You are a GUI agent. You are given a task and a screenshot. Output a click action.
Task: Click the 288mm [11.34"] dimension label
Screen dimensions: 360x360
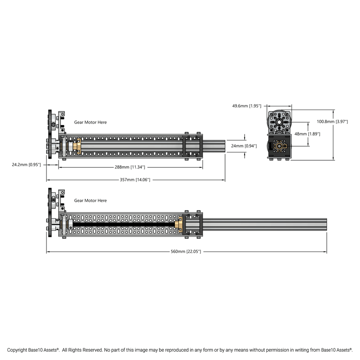click(130, 167)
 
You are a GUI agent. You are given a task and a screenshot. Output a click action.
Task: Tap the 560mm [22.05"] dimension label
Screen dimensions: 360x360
click(186, 252)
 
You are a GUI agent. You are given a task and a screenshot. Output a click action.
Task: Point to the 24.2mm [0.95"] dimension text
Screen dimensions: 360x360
click(27, 165)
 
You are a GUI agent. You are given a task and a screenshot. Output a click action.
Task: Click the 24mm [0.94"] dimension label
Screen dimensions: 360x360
click(244, 146)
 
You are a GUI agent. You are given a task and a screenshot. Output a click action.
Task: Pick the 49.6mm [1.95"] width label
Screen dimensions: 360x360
click(247, 106)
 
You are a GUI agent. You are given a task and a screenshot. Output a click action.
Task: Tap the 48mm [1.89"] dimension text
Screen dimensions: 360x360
click(306, 134)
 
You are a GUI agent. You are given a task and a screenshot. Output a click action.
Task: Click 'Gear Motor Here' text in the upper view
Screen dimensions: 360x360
click(90, 122)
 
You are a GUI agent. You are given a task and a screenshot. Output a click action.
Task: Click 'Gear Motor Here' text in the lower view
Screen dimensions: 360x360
click(90, 201)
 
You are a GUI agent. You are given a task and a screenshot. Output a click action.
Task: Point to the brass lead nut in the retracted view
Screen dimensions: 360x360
click(77, 146)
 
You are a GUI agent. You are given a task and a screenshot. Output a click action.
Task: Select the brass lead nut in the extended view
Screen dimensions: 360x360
click(180, 224)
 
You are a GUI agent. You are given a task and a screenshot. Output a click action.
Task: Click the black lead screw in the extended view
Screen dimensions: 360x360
click(125, 224)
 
